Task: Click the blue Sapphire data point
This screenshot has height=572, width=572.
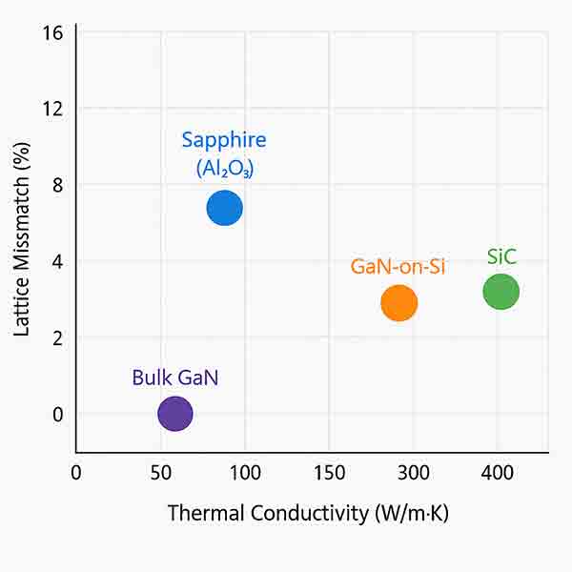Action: [x=225, y=207]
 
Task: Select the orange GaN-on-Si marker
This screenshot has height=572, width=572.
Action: [x=399, y=302]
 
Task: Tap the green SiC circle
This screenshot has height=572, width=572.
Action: [x=500, y=291]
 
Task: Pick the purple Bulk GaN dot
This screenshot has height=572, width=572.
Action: [x=174, y=414]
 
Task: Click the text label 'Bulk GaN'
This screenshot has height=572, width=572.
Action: [x=175, y=377]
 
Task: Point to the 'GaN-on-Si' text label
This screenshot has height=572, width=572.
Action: [x=398, y=266]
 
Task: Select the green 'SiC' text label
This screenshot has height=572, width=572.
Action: [x=501, y=256]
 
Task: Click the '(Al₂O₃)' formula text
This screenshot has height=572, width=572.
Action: [x=225, y=169]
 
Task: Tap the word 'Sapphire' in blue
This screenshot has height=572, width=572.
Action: [x=224, y=140]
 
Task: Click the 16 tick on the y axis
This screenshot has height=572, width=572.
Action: [x=52, y=33]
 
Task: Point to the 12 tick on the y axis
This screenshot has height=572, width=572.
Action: [x=52, y=109]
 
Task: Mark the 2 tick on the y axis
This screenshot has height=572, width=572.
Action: [x=57, y=337]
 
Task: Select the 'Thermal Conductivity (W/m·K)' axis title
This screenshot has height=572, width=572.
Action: [x=308, y=513]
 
